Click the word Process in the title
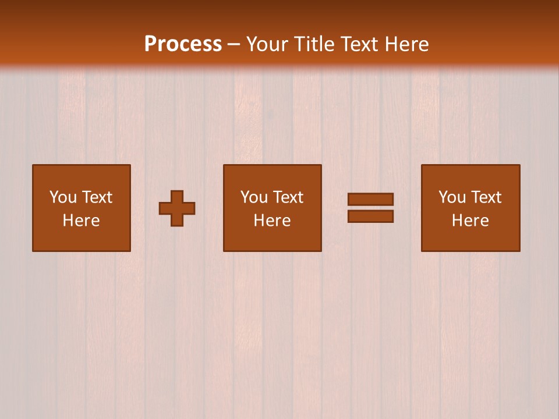click(183, 44)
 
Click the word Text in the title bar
click(360, 44)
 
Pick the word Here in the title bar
click(408, 44)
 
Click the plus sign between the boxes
click(177, 208)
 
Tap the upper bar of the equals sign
click(370, 199)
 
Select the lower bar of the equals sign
click(370, 216)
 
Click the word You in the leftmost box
click(63, 197)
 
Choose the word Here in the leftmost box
click(81, 221)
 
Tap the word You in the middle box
click(254, 197)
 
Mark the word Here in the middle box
click(272, 221)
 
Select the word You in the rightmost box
click(452, 197)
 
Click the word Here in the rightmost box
click(470, 221)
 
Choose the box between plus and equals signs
click(272, 239)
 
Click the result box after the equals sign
click(470, 239)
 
